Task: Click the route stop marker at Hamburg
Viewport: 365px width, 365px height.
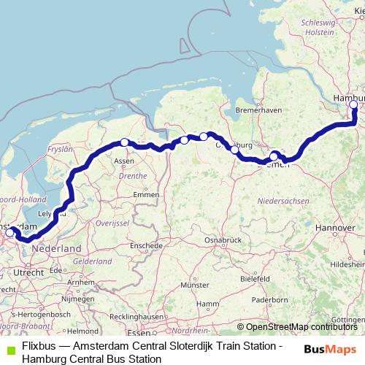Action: pyautogui.click(x=354, y=104)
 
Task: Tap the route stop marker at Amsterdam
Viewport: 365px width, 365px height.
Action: pyautogui.click(x=10, y=233)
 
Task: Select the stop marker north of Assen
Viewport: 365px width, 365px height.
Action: pyautogui.click(x=125, y=142)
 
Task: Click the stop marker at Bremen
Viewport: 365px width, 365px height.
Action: pyautogui.click(x=274, y=156)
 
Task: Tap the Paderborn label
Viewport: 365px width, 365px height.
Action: pyautogui.click(x=268, y=299)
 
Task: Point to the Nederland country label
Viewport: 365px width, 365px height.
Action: pyautogui.click(x=57, y=249)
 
